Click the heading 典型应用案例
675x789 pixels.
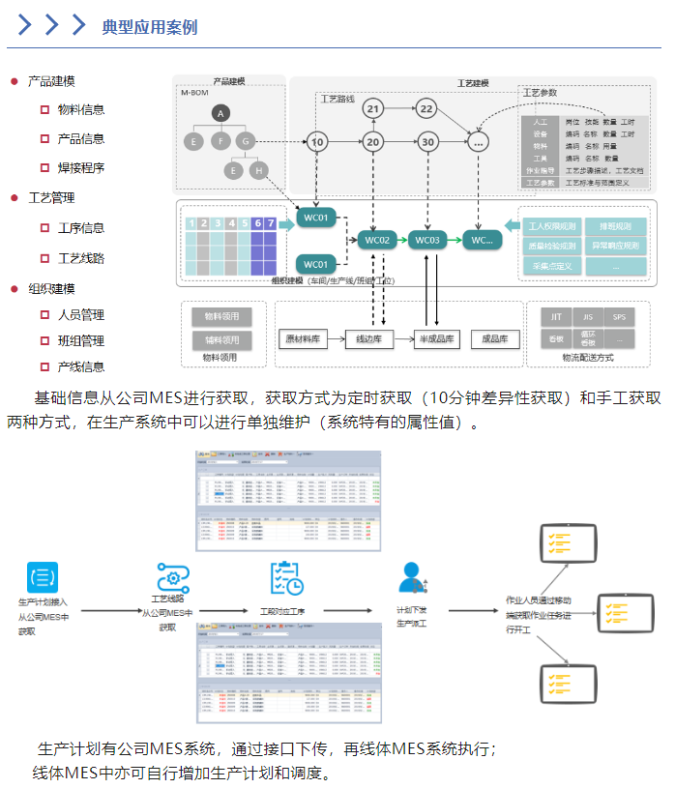[x=149, y=27]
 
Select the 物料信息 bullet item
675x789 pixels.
[x=81, y=110]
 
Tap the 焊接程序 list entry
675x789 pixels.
[x=81, y=168]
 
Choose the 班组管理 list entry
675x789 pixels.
[x=81, y=341]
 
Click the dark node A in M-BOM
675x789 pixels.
[x=220, y=114]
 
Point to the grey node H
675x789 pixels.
[x=258, y=170]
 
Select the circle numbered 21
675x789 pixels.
[x=374, y=108]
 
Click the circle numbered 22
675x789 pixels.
[x=427, y=108]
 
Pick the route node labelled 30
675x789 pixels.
[x=427, y=142]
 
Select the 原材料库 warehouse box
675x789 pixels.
[x=303, y=339]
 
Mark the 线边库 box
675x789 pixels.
[x=369, y=339]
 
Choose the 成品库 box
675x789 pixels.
[x=495, y=339]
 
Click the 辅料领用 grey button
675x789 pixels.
[x=221, y=340]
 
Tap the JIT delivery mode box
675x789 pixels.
[x=556, y=317]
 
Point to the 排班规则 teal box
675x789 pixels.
[x=615, y=227]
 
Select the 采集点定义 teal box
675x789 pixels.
[x=552, y=266]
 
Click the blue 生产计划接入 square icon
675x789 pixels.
[x=43, y=575]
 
